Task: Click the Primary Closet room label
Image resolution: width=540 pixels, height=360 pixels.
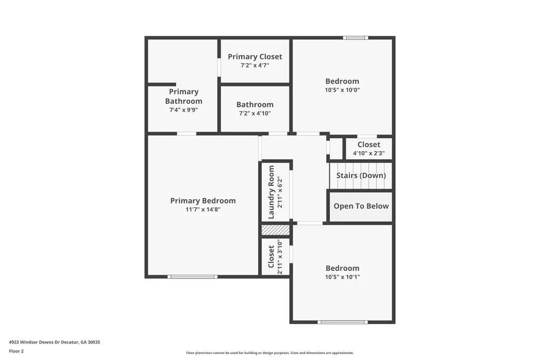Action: point(255,57)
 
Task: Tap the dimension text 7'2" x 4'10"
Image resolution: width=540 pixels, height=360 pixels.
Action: point(255,113)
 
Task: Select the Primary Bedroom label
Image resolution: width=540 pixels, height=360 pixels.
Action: point(203,201)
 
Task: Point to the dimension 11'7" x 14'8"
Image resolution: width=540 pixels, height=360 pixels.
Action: point(203,209)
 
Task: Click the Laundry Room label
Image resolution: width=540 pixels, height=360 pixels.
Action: point(272,192)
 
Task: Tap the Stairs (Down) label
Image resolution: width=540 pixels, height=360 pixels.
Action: point(361,175)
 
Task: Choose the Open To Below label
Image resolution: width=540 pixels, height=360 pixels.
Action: point(361,206)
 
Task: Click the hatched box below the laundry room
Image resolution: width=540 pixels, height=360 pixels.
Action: point(275,230)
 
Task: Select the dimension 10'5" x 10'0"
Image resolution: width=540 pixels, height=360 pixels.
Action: point(342,90)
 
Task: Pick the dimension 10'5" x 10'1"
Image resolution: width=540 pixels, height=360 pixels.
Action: point(342,277)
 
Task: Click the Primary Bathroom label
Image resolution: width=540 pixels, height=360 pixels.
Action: point(184,97)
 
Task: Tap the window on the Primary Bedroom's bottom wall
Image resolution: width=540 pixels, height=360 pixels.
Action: point(192,277)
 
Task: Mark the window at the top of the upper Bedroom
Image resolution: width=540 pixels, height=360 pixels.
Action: point(355,38)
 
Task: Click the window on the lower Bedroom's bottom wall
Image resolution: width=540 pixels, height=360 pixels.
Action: point(342,322)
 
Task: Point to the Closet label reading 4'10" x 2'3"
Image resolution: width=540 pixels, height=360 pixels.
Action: point(369,145)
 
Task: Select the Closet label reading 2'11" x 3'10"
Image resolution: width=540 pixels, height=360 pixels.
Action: point(272,257)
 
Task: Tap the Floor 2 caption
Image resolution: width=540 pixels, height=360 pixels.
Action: point(16,351)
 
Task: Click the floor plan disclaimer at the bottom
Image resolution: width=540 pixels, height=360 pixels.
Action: point(270,352)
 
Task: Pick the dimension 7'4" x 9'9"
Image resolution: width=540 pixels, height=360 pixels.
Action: point(184,110)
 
